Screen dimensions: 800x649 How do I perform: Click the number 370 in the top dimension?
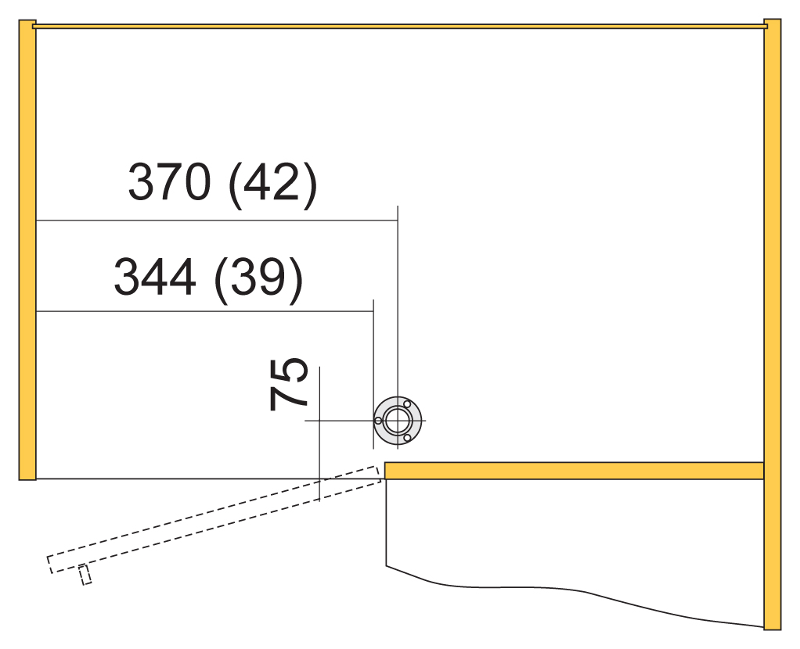169,181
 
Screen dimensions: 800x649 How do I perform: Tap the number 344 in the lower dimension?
154,276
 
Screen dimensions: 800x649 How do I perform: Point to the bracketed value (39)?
258,281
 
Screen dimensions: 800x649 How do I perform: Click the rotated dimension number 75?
289,385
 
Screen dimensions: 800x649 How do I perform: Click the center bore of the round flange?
398,421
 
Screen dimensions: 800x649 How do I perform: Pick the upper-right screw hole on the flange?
407,404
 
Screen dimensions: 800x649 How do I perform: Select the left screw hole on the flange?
378,421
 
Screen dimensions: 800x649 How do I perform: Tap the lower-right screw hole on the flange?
407,438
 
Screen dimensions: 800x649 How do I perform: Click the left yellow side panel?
27,249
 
